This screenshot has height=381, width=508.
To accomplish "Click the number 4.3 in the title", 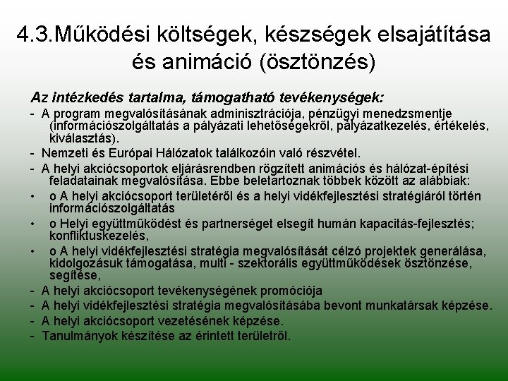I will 34,35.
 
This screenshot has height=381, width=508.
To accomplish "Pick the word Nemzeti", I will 64,152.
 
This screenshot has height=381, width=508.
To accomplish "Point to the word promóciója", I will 292,290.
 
